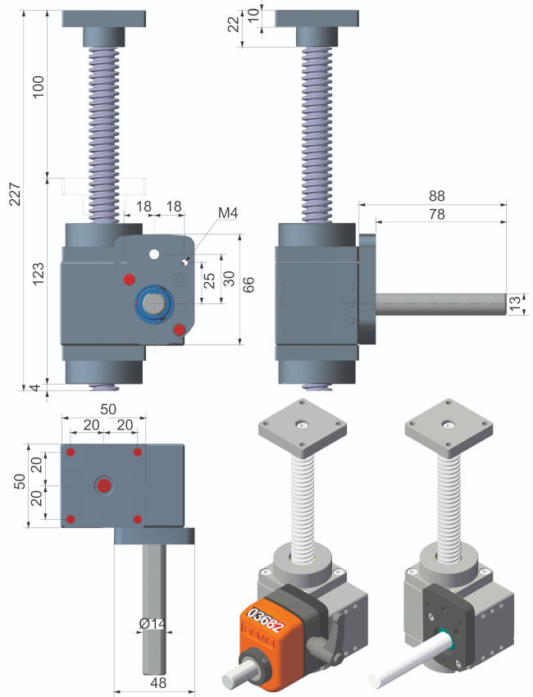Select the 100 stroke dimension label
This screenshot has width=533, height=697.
39,87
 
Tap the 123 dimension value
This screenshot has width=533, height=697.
39,273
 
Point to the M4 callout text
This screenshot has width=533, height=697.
228,213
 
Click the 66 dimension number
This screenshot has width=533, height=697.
249,285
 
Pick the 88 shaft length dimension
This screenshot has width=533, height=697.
436,196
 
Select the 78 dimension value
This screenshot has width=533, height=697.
436,214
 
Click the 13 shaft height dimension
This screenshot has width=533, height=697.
515,303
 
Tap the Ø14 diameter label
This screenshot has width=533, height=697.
151,624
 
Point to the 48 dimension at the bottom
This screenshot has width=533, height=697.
158,682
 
